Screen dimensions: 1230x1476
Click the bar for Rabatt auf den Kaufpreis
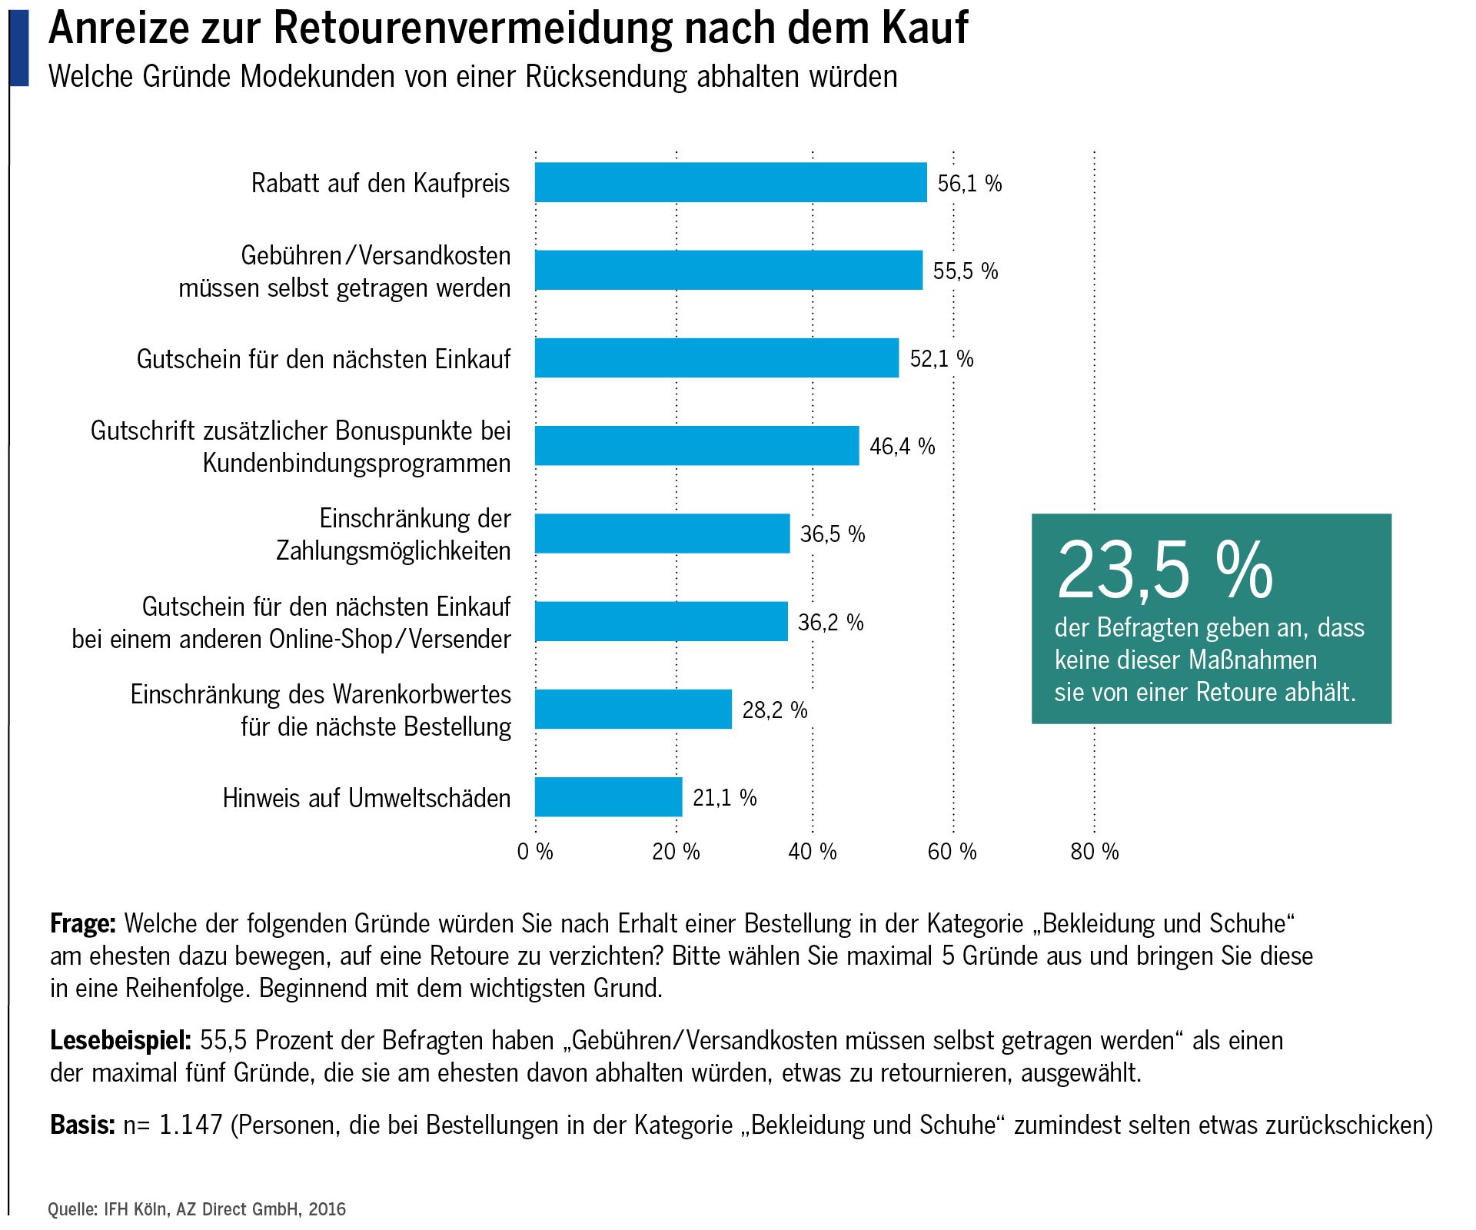730,182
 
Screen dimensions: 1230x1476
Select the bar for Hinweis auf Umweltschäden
608,796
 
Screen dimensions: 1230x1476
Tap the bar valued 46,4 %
696,445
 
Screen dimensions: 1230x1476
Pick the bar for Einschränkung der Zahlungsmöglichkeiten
662,533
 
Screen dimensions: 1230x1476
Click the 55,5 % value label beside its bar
965,271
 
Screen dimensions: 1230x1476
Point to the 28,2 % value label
774,710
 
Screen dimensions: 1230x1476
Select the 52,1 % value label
941,358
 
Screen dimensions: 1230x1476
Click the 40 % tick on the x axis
812,851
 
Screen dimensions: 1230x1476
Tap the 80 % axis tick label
1094,851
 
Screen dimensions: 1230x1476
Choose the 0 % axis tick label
535,851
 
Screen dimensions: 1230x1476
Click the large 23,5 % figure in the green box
1164,570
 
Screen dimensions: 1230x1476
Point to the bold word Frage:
82,922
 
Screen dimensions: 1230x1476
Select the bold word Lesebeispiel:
120,1040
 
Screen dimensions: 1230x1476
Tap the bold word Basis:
82,1125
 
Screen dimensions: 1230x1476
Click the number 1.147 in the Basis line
190,1125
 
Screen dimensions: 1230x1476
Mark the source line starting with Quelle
197,1209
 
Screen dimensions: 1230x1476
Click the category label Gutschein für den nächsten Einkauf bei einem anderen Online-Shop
291,623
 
